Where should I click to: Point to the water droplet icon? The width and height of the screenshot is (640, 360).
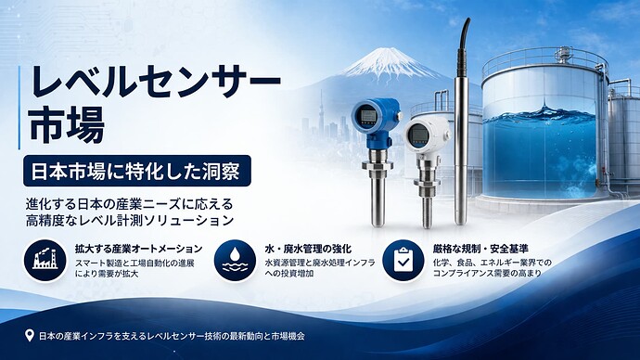(x=232, y=260)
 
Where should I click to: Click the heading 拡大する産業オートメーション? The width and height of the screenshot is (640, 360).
(x=138, y=249)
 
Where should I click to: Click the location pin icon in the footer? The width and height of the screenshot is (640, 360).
(x=32, y=336)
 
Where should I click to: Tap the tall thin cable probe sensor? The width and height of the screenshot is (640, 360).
(x=460, y=130)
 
